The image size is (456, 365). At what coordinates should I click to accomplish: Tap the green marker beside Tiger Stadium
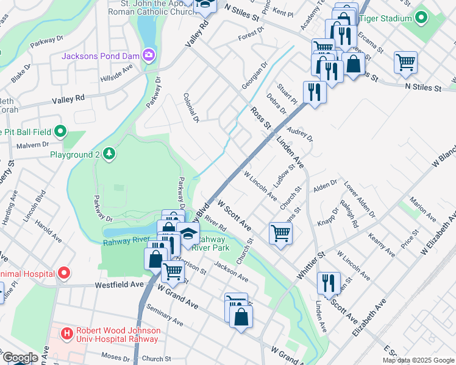coord(421,18)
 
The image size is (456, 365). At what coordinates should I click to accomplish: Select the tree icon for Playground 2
coord(109,154)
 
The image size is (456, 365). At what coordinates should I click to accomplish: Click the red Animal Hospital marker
coord(63,273)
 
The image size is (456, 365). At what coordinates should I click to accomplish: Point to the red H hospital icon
coord(67,333)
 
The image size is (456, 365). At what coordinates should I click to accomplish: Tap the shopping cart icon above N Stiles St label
coord(405,62)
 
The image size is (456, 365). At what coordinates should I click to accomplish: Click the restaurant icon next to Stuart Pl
coord(314,92)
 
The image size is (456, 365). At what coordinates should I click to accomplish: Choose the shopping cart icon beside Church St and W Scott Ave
coord(280,232)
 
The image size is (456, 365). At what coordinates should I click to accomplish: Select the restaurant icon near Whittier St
coord(328,282)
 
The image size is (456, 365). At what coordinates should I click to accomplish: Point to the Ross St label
coord(260,117)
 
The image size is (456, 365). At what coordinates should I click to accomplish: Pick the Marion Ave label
coord(422,209)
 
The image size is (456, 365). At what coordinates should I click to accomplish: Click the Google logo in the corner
coord(20,358)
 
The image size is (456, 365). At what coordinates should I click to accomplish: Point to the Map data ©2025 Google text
coord(418,360)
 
